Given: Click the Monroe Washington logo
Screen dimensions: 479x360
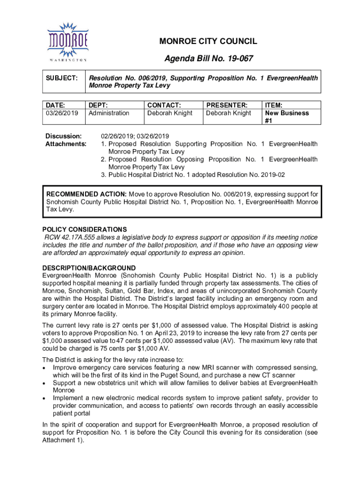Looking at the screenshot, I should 67,41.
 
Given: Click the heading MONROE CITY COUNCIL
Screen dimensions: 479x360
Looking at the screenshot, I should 208,42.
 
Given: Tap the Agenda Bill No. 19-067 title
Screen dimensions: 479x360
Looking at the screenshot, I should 209,58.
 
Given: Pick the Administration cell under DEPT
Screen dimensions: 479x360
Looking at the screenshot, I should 109,113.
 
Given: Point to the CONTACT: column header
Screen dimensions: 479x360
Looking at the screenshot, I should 164,105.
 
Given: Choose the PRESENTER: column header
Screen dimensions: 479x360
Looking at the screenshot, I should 227,105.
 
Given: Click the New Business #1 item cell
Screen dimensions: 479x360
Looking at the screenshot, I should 287,116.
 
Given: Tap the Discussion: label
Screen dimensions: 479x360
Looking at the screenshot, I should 64,136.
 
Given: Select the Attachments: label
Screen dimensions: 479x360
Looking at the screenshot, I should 66,144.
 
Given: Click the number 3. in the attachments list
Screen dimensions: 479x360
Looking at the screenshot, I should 104,174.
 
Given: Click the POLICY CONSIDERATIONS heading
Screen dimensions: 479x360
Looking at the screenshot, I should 85,230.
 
